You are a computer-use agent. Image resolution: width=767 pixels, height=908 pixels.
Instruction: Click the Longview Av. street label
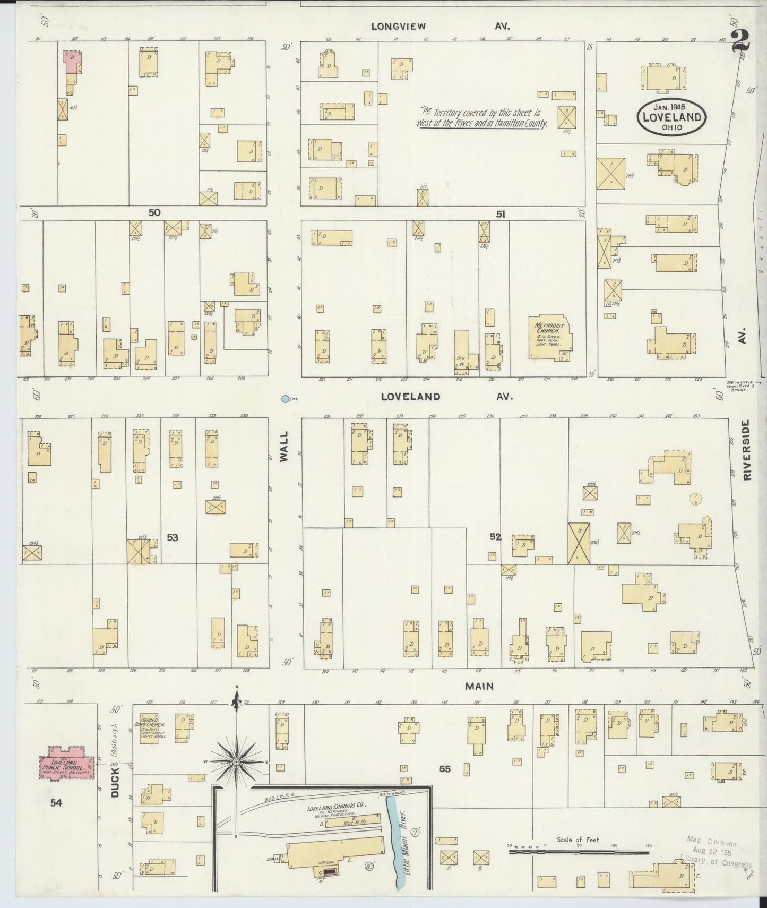(440, 26)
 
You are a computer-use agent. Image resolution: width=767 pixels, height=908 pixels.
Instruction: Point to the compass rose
(236, 762)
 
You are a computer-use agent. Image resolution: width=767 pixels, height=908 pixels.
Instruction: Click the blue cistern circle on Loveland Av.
(286, 399)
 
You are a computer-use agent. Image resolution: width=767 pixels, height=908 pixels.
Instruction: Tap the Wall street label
(283, 446)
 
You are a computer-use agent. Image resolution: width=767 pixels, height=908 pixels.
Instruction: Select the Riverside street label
(747, 450)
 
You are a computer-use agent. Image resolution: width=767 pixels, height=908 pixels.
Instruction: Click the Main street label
(479, 686)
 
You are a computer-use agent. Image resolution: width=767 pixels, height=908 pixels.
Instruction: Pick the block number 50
(154, 212)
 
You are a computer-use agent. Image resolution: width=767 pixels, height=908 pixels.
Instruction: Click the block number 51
(501, 214)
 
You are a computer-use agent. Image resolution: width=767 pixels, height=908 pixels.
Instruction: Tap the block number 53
(172, 537)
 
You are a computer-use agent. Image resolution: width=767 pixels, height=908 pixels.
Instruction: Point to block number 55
(445, 768)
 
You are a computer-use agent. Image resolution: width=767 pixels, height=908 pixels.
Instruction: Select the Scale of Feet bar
(579, 852)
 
